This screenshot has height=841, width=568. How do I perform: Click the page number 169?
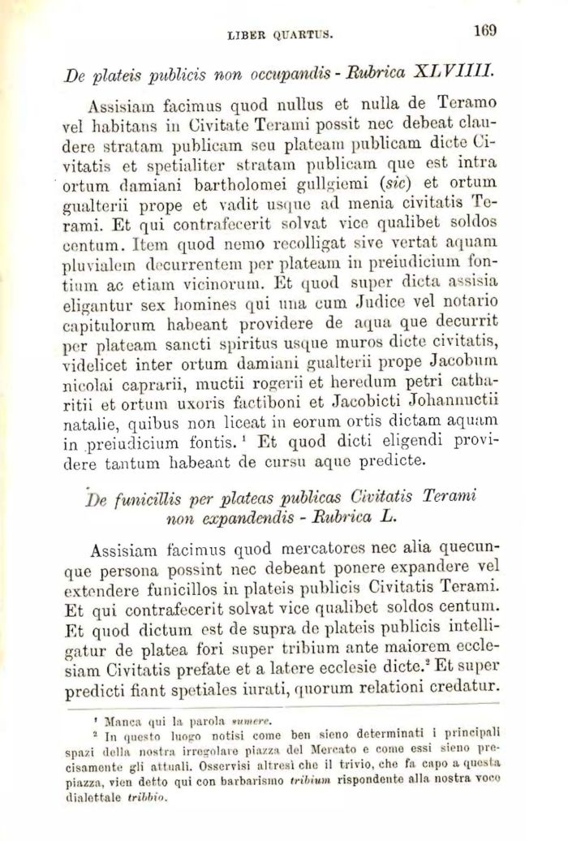point(485,32)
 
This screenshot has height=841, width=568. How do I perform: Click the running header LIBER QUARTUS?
point(283,36)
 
